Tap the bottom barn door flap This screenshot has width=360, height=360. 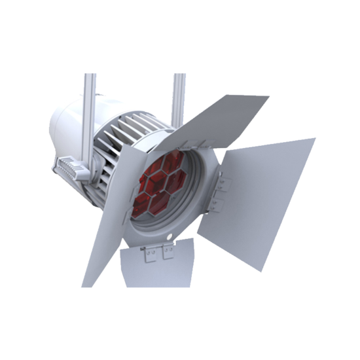tap(157, 265)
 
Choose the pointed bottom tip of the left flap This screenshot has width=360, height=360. tap(84, 285)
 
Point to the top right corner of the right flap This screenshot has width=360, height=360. tap(315, 139)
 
